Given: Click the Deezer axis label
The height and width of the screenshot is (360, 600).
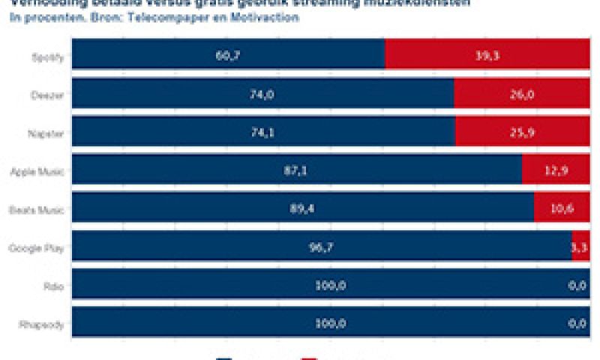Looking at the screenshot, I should (48, 96).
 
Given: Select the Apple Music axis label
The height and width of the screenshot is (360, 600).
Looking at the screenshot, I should (37, 172).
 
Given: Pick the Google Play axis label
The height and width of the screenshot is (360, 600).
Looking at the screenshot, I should (36, 247).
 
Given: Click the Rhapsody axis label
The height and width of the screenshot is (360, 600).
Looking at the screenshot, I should (42, 324).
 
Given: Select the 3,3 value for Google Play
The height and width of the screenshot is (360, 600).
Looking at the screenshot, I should (579, 247).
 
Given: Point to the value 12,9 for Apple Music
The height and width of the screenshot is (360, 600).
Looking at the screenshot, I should (556, 171).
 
